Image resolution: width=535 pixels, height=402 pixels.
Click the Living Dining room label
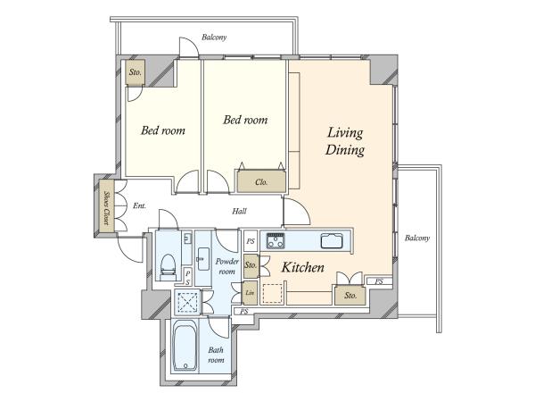point(345,141)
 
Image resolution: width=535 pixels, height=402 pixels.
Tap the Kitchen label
point(303,267)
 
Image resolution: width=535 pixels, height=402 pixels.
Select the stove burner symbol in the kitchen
point(276,240)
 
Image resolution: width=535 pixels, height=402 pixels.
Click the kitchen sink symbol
point(332,240)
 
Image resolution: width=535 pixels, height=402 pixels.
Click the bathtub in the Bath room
point(185,346)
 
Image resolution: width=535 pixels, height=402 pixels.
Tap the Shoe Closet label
point(106,207)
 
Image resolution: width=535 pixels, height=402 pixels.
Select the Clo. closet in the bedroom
point(261,180)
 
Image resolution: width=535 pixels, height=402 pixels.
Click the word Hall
point(239,211)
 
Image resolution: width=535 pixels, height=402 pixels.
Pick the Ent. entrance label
point(139,205)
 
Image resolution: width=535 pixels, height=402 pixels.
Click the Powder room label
point(226,266)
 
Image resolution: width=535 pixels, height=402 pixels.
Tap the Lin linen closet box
point(250,293)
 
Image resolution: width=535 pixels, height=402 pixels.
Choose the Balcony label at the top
point(214,37)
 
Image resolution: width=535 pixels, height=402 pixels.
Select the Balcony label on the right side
point(417,238)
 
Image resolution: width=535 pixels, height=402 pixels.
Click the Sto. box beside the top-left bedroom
point(136,72)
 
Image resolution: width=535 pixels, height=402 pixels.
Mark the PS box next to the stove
point(251,241)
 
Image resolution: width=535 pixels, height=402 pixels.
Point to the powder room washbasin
point(203,259)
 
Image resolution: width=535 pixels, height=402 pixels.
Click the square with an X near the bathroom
point(186,302)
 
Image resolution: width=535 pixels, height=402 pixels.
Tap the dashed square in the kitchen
point(272,294)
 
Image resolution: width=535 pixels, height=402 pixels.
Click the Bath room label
point(216,355)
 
